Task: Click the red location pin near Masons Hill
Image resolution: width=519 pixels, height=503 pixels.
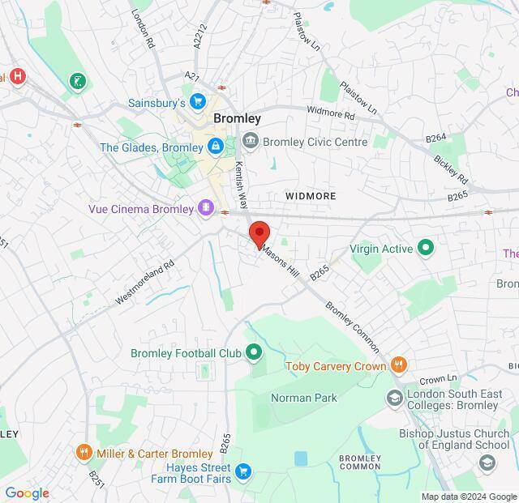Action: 259,233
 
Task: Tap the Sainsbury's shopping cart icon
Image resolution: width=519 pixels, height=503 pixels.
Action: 198,102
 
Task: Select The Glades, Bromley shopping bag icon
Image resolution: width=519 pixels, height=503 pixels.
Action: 215,147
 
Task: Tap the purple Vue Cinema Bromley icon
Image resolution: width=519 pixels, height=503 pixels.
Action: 207,209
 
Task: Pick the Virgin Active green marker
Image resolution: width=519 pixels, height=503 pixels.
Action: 425,249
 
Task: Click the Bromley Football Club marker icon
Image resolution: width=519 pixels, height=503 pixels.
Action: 254,352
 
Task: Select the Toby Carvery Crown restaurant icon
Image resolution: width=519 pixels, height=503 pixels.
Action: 398,365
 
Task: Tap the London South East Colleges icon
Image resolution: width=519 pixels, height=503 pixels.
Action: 394,398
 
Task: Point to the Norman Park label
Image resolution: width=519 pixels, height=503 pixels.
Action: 303,398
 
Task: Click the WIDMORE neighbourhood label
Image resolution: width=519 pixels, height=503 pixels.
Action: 310,196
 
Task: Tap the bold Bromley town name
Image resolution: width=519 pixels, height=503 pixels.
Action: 237,118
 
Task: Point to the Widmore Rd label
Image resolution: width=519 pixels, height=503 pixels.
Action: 331,113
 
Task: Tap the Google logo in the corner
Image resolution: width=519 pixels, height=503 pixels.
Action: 27,493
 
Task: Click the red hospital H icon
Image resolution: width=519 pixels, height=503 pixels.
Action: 17,77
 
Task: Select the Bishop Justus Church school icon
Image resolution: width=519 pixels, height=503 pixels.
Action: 487,462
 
